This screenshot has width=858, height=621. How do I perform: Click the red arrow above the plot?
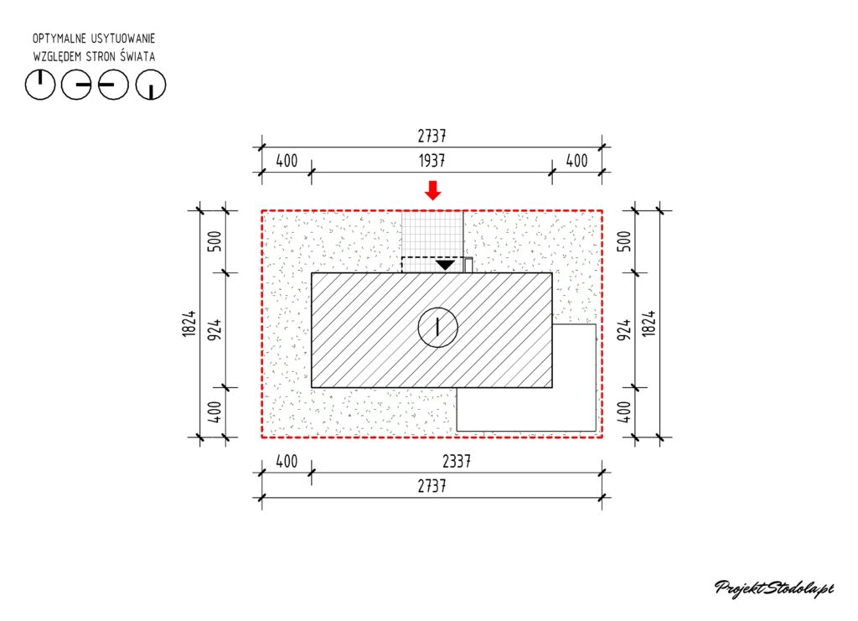433,190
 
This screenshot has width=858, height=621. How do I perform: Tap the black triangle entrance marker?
446,266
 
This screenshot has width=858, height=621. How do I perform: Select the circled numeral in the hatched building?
437,327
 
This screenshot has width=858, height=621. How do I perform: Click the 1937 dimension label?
432,161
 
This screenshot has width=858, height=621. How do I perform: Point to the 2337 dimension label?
457,462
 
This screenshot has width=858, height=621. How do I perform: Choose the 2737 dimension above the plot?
432,136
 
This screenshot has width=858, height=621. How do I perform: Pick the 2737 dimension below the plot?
432,486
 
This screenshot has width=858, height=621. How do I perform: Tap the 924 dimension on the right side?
623,330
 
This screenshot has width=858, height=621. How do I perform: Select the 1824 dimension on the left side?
189,323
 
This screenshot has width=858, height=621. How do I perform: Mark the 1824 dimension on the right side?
649,323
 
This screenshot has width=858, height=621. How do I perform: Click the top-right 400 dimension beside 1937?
576,161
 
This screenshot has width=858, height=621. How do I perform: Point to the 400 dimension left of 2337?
287,462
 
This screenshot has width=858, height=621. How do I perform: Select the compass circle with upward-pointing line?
40,85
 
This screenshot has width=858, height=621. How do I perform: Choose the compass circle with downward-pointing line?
151,85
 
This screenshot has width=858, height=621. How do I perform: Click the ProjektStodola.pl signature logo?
774,588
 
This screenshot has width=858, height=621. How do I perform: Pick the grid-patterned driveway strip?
432,241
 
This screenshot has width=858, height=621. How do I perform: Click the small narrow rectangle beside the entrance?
468,265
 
